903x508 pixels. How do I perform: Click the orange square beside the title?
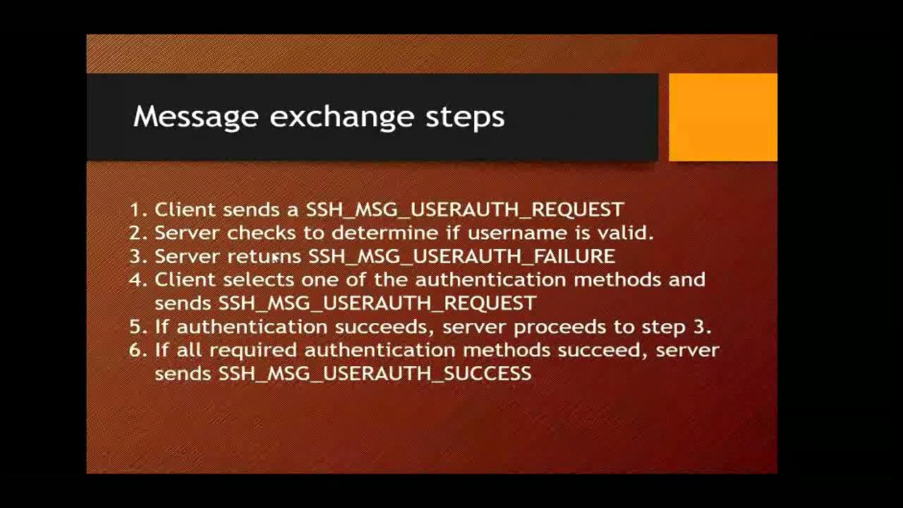[x=722, y=117]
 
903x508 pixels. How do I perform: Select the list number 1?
[x=136, y=210]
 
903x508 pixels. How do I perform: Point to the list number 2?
[x=136, y=233]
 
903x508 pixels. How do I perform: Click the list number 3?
[x=136, y=256]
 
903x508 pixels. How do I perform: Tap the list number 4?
[x=136, y=279]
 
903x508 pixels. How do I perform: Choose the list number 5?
[x=136, y=327]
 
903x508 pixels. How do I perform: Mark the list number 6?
[x=136, y=350]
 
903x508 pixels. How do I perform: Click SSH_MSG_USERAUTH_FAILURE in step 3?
[x=461, y=257]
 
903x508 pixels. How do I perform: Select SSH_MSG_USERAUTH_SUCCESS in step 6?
[x=375, y=374]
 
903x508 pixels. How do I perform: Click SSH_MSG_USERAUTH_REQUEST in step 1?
[x=465, y=210]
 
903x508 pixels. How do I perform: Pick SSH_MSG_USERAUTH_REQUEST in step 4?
[x=377, y=303]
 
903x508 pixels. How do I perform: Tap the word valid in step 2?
[x=631, y=233]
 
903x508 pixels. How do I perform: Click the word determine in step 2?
[x=386, y=233]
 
